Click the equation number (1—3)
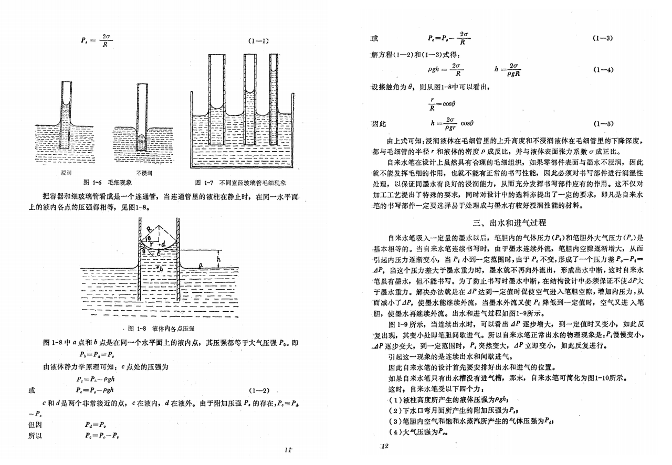pyautogui.click(x=602, y=39)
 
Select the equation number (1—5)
pyautogui.click(x=602, y=124)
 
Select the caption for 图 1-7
pyautogui.click(x=244, y=183)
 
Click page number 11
pyautogui.click(x=287, y=449)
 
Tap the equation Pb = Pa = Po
pyautogui.click(x=98, y=355)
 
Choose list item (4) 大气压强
pyautogui.click(x=418, y=432)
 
